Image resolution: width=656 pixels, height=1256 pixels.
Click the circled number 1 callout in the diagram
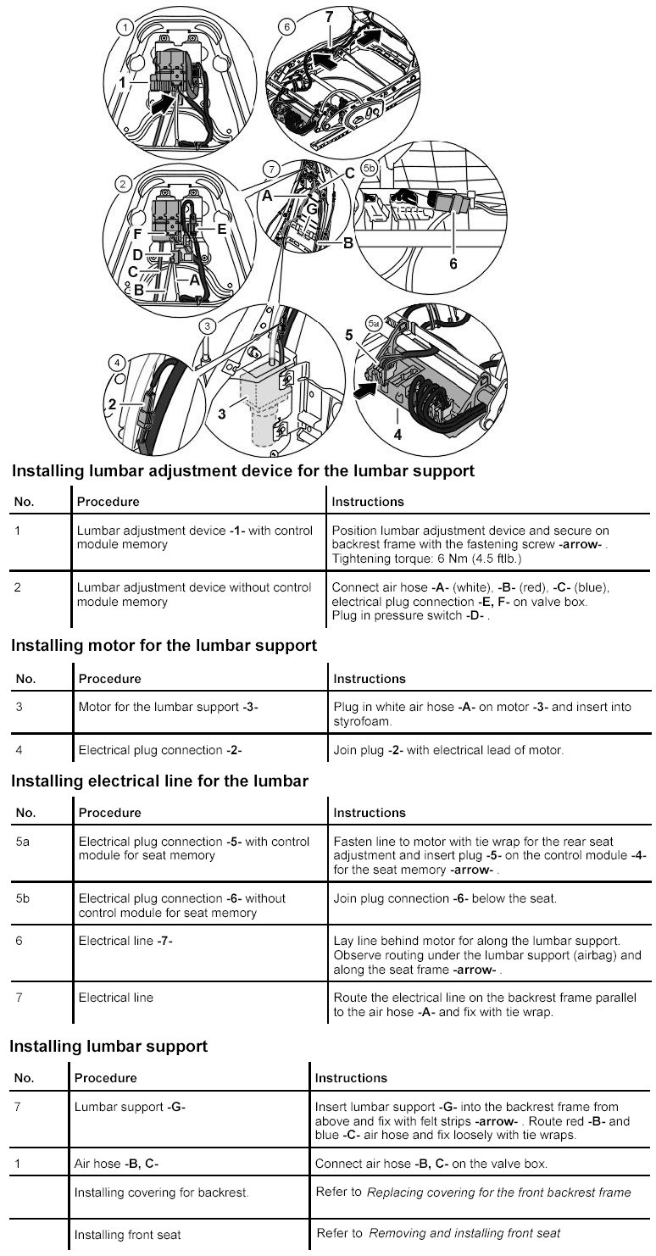pyautogui.click(x=126, y=27)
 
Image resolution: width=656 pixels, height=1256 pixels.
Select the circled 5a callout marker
pyautogui.click(x=373, y=324)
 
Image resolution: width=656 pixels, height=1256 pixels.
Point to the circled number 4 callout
pyautogui.click(x=117, y=363)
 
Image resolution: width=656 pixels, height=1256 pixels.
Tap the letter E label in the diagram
pyautogui.click(x=221, y=228)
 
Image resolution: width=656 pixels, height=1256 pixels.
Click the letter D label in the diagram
pyautogui.click(x=136, y=253)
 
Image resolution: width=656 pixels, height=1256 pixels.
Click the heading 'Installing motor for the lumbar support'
pyautogui.click(x=164, y=646)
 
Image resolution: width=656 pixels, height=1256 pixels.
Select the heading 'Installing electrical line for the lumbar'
pyautogui.click(x=159, y=780)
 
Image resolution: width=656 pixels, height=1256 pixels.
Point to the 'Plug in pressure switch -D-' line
pyautogui.click(x=411, y=615)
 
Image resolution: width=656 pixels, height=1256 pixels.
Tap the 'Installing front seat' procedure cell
pyautogui.click(x=128, y=1234)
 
